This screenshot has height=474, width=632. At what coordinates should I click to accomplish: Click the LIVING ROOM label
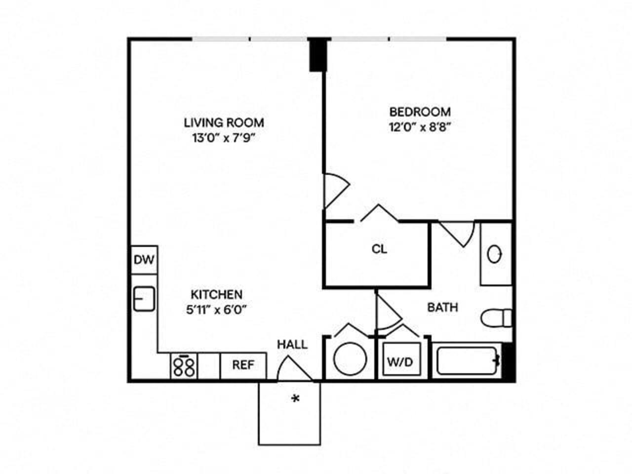224,122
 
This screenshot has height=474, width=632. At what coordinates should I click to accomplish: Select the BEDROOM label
420,112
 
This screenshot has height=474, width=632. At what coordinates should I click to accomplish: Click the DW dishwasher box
144,260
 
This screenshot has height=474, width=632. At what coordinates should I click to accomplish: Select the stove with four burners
184,366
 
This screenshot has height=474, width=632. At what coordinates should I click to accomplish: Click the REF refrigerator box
243,365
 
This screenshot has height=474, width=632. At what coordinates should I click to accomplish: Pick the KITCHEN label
217,295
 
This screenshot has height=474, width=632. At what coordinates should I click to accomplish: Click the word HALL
292,344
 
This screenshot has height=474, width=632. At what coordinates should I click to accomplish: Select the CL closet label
379,249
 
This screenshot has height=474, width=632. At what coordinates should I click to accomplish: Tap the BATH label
442,308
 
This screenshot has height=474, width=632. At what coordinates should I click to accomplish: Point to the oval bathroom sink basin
495,254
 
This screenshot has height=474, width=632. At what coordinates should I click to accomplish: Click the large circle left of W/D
350,359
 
